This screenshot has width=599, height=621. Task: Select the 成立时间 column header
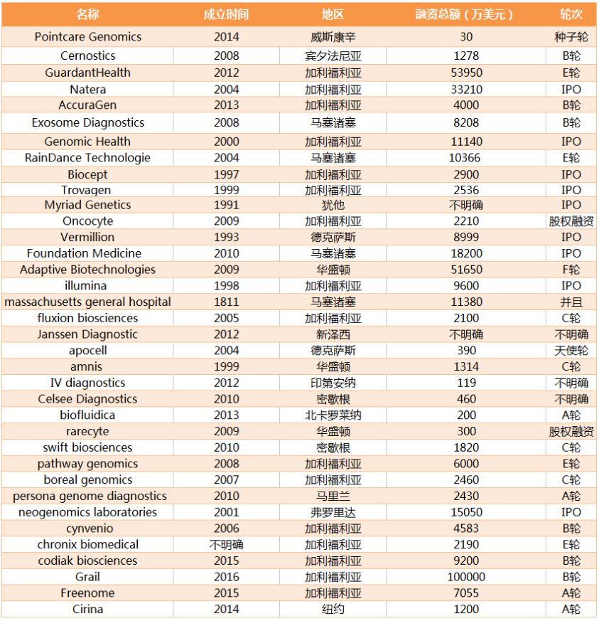point(226,14)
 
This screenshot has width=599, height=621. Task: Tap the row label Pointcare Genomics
point(88,37)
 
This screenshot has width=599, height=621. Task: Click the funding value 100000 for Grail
point(465,577)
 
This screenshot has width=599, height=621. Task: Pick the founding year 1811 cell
point(226,302)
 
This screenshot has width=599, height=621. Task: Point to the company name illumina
point(88,285)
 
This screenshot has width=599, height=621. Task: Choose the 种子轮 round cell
point(571,37)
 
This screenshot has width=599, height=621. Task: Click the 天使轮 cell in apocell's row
point(571,351)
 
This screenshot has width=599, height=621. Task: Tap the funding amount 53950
point(465,73)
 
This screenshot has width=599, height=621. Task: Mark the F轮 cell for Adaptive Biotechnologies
point(571,270)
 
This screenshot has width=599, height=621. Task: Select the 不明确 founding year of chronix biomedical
point(226,544)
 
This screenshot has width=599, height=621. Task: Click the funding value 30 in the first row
point(465,37)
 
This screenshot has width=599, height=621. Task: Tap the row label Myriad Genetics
point(88,205)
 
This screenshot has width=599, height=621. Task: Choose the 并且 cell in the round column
point(571,302)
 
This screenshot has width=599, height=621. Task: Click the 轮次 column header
point(571,14)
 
